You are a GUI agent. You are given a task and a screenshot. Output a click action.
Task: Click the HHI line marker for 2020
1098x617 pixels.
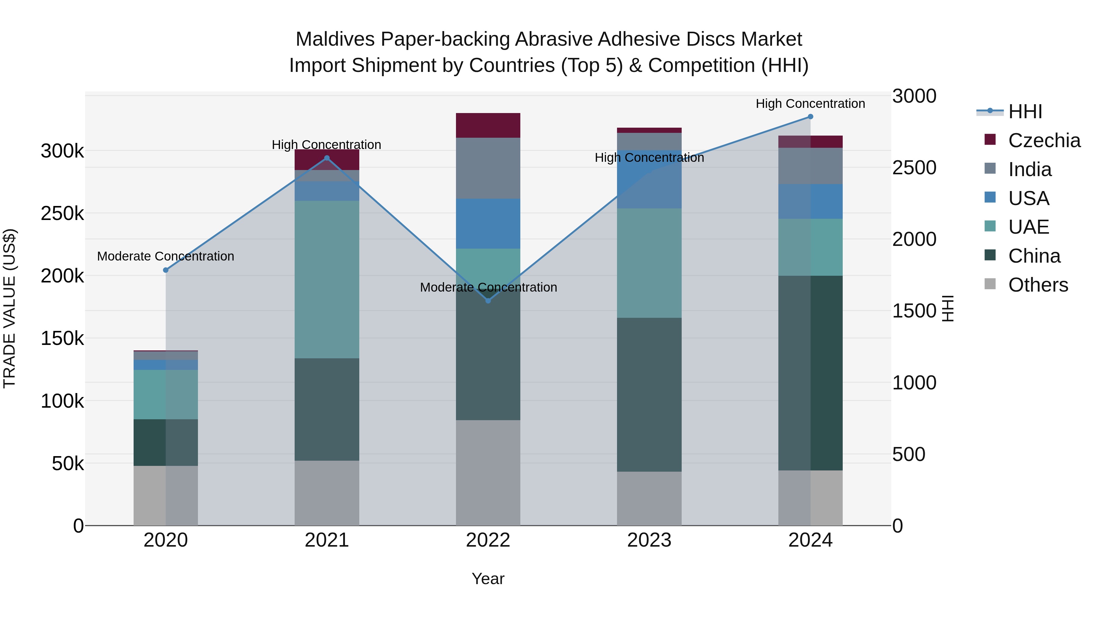pos(166,270)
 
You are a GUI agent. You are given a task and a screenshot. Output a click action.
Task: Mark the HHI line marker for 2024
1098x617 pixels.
pos(810,117)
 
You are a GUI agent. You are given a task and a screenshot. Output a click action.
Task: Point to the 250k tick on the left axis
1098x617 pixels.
pos(62,213)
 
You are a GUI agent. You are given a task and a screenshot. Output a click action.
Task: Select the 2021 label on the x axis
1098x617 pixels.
pos(327,540)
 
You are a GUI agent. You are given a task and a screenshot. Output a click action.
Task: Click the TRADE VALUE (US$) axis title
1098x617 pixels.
pos(9,308)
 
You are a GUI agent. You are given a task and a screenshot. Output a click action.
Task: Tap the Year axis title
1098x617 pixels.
pos(488,579)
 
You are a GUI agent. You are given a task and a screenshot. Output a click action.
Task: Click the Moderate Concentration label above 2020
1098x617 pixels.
pos(166,256)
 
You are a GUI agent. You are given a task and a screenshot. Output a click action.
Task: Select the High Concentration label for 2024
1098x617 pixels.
pos(810,104)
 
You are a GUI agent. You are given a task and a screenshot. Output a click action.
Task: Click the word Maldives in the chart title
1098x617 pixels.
pos(335,39)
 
